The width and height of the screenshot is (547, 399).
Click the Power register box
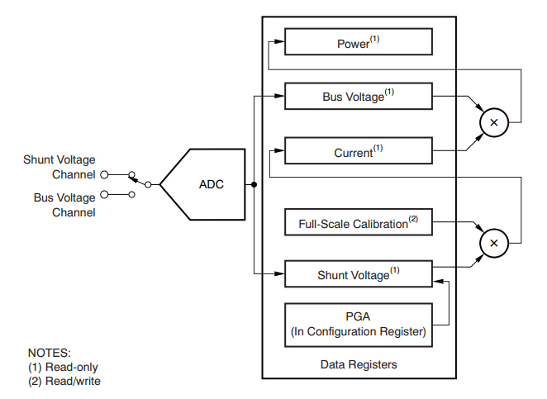point(358,43)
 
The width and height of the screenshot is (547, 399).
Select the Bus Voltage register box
point(358,96)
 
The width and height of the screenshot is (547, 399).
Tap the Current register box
point(358,152)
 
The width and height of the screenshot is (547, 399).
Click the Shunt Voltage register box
point(358,274)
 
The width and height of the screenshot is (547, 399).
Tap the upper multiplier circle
point(494,122)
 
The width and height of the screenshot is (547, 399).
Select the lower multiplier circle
point(494,243)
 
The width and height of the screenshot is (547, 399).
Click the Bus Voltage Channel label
point(64,205)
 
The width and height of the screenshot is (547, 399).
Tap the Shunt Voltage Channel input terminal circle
point(104,174)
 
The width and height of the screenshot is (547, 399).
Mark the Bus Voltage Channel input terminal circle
point(104,195)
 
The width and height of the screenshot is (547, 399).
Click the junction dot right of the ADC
point(254,184)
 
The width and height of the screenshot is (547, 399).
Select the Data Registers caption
point(358,364)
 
